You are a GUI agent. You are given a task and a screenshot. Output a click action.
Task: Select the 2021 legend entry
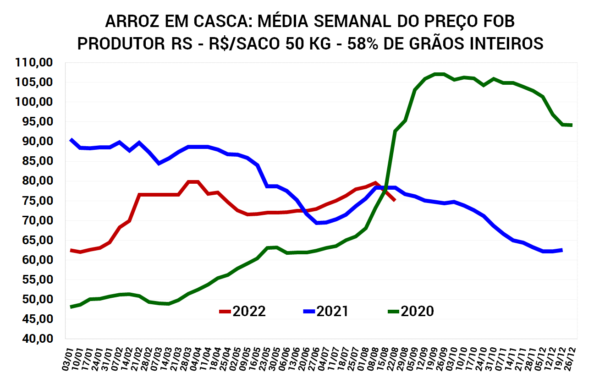click(326, 312)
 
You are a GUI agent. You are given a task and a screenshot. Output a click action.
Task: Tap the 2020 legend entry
click(411, 312)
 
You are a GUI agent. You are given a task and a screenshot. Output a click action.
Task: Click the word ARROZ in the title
click(132, 22)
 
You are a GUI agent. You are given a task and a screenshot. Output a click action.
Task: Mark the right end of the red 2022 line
click(395, 200)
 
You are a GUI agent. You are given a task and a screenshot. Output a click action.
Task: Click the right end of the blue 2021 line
click(561, 250)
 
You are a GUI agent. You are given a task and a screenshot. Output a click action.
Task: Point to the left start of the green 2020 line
click(71, 307)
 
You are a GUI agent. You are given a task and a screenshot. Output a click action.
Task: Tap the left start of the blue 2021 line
click(71, 139)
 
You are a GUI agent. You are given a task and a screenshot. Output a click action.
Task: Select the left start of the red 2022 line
click(71, 250)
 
